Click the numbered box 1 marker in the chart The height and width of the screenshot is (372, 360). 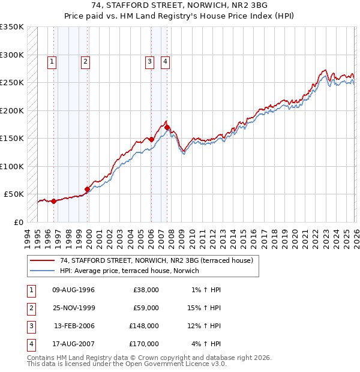[x=53, y=61]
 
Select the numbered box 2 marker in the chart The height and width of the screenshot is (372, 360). [x=86, y=61]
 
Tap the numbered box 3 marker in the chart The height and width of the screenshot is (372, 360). [x=149, y=61]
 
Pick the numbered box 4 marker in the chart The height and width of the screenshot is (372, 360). [x=164, y=61]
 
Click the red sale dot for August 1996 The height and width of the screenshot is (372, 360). [x=53, y=201]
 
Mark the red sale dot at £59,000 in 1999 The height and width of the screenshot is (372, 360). [x=87, y=189]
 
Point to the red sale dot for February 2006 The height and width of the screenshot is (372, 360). [x=151, y=139]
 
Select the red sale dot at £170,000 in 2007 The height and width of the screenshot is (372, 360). [x=167, y=127]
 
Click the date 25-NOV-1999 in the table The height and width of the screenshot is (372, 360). [x=73, y=308]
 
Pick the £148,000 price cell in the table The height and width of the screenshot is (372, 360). [x=143, y=326]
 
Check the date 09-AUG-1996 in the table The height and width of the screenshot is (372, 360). [x=73, y=290]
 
